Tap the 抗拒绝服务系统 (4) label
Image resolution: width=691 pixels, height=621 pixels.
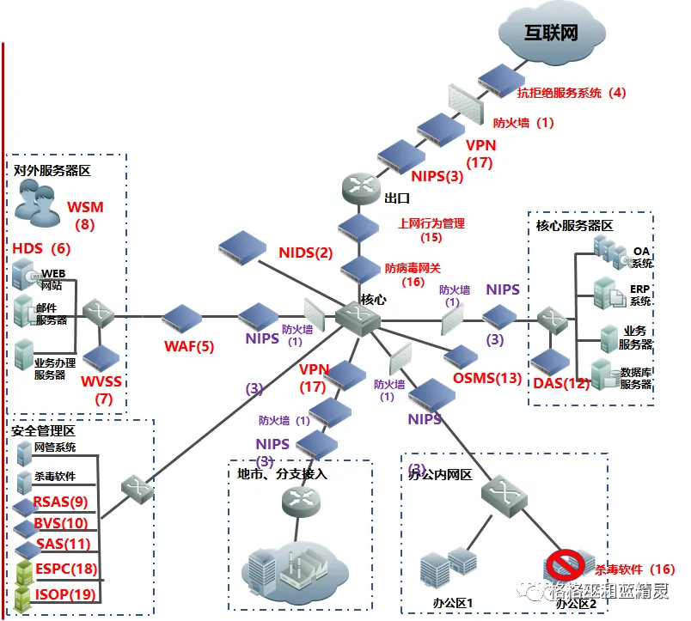click(571, 93)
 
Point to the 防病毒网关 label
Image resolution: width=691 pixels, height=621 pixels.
click(413, 269)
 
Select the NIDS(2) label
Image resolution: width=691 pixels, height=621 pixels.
click(305, 253)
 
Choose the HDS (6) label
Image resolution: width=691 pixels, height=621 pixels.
click(41, 249)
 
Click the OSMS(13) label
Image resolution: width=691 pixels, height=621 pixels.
click(486, 378)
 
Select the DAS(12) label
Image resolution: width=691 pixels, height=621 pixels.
click(561, 383)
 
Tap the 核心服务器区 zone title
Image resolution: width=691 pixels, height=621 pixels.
click(573, 226)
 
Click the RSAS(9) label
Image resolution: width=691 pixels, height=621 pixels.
click(61, 502)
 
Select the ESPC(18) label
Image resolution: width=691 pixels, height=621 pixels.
click(65, 568)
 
